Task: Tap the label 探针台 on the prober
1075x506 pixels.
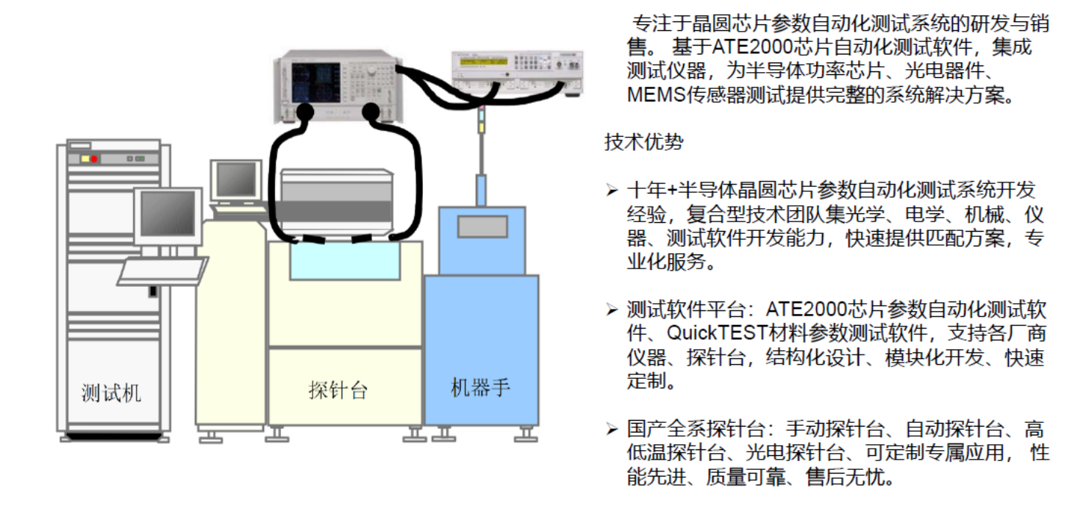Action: pyautogui.click(x=337, y=389)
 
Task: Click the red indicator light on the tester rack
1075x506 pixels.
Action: pyautogui.click(x=94, y=159)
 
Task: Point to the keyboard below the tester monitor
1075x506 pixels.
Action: pyautogui.click(x=162, y=271)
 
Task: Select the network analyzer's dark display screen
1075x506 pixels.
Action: pyautogui.click(x=315, y=82)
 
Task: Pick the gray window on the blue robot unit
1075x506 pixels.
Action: pyautogui.click(x=482, y=227)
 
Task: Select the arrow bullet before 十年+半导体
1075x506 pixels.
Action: pyautogui.click(x=612, y=191)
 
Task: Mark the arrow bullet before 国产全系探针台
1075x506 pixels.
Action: pyautogui.click(x=612, y=429)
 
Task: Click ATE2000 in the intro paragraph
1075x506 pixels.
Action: pyautogui.click(x=743, y=48)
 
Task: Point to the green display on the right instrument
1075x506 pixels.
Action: pyautogui.click(x=483, y=62)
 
